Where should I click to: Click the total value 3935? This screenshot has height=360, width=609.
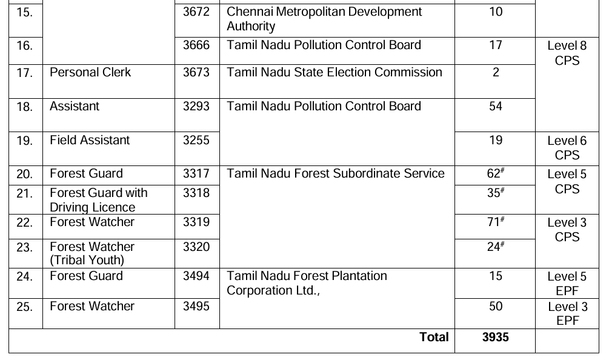tap(495, 338)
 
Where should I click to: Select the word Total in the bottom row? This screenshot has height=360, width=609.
tap(434, 338)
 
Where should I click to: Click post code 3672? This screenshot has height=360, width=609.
tap(196, 12)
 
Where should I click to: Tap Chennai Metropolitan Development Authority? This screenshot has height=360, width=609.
tap(324, 19)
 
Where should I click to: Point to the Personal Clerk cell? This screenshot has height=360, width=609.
tap(90, 73)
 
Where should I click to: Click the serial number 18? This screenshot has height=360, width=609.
tap(24, 107)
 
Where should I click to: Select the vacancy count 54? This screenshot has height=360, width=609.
tap(495, 107)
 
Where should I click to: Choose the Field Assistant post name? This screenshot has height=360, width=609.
tap(90, 141)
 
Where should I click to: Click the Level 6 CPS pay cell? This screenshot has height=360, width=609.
tap(567, 148)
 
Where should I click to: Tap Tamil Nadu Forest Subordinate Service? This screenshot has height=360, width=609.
tap(335, 174)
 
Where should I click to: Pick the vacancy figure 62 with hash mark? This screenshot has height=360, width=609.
tap(495, 174)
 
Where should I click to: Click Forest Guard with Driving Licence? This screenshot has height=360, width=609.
tap(98, 200)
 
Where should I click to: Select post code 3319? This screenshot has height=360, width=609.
tap(196, 222)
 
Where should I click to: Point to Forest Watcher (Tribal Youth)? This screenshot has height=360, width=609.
tap(92, 253)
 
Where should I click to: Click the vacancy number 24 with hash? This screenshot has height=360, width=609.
tap(495, 247)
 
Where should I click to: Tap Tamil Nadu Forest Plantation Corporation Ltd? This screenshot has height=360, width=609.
tap(307, 283)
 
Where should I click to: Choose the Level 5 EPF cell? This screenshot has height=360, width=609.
tap(567, 284)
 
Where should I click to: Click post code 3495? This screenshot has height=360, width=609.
tap(196, 307)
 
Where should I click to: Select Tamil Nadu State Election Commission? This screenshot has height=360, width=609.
tap(334, 73)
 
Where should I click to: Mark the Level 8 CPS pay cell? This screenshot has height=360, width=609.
tap(567, 53)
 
